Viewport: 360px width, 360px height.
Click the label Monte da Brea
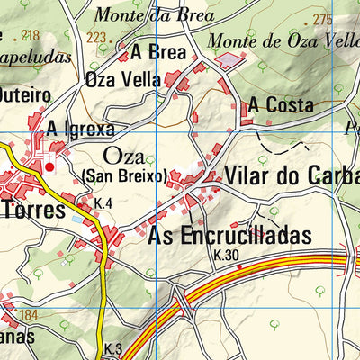point(153,16)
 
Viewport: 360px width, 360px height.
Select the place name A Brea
point(157,53)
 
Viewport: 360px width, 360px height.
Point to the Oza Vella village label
point(122,80)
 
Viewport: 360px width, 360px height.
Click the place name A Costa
point(282,105)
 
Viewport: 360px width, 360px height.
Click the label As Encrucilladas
point(229,236)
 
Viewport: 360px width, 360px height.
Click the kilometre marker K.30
point(229,256)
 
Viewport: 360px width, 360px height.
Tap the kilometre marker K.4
point(103,205)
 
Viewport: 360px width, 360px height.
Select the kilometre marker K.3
point(112,348)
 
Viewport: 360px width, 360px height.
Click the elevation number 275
point(321,20)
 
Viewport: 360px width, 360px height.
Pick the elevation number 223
point(97,38)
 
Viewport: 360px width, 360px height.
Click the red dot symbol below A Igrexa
point(49,166)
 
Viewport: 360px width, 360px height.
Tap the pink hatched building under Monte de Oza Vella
point(230,59)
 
